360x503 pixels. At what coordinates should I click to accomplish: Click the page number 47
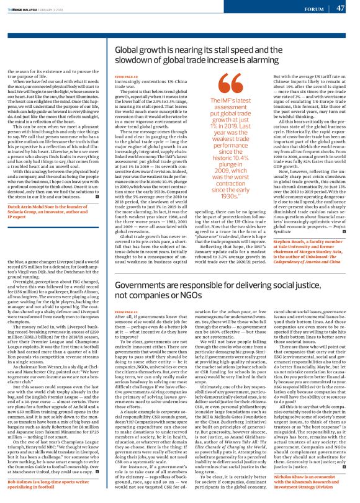[340, 8]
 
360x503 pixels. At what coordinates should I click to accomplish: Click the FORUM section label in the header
[312, 9]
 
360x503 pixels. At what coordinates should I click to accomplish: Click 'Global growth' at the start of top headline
[145, 51]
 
